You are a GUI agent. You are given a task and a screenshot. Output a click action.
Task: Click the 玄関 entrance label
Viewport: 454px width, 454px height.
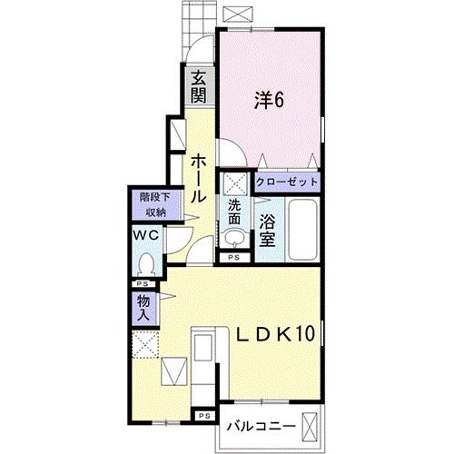point(197,88)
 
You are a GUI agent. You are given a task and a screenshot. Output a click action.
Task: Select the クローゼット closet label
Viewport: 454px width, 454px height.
point(288,183)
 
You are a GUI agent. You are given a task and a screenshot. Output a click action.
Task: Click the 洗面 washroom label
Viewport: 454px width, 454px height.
point(235,212)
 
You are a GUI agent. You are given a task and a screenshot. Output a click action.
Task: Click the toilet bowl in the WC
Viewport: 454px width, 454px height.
point(145,264)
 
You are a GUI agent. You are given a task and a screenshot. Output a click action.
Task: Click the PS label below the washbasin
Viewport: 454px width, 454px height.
point(234,258)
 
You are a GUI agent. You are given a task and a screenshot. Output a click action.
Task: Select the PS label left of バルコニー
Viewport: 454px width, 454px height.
point(204,417)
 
